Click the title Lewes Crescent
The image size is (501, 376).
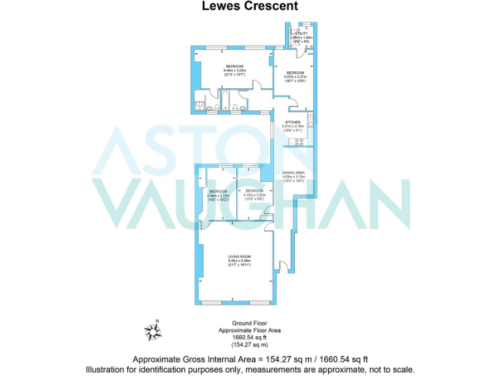(250, 7)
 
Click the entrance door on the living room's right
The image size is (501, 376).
(282, 265)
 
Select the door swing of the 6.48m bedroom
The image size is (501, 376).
(258, 87)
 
